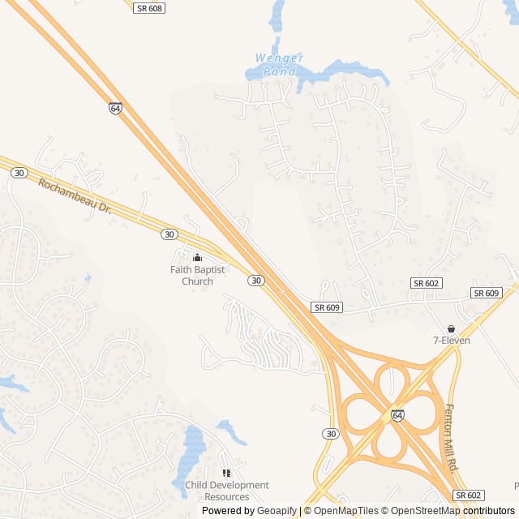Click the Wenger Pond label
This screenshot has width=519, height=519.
click(279, 65)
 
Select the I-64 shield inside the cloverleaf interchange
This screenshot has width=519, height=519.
click(397, 414)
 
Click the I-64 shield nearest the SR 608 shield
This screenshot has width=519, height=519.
click(116, 108)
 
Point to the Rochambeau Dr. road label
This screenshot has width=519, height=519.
click(73, 195)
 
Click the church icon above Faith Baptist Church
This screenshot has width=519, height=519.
click(197, 258)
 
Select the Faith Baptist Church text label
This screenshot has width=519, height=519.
click(191, 276)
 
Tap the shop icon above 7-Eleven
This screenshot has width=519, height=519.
click(451, 328)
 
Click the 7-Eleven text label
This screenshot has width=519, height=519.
click(451, 341)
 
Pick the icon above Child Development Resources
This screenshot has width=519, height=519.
click(226, 473)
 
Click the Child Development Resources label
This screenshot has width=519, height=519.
click(226, 491)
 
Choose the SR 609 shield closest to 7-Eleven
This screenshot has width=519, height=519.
click(487, 293)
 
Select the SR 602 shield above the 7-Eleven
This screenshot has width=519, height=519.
click(426, 282)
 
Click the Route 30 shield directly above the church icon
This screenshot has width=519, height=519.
click(169, 234)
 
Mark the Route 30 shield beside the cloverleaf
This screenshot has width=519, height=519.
click(330, 434)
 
